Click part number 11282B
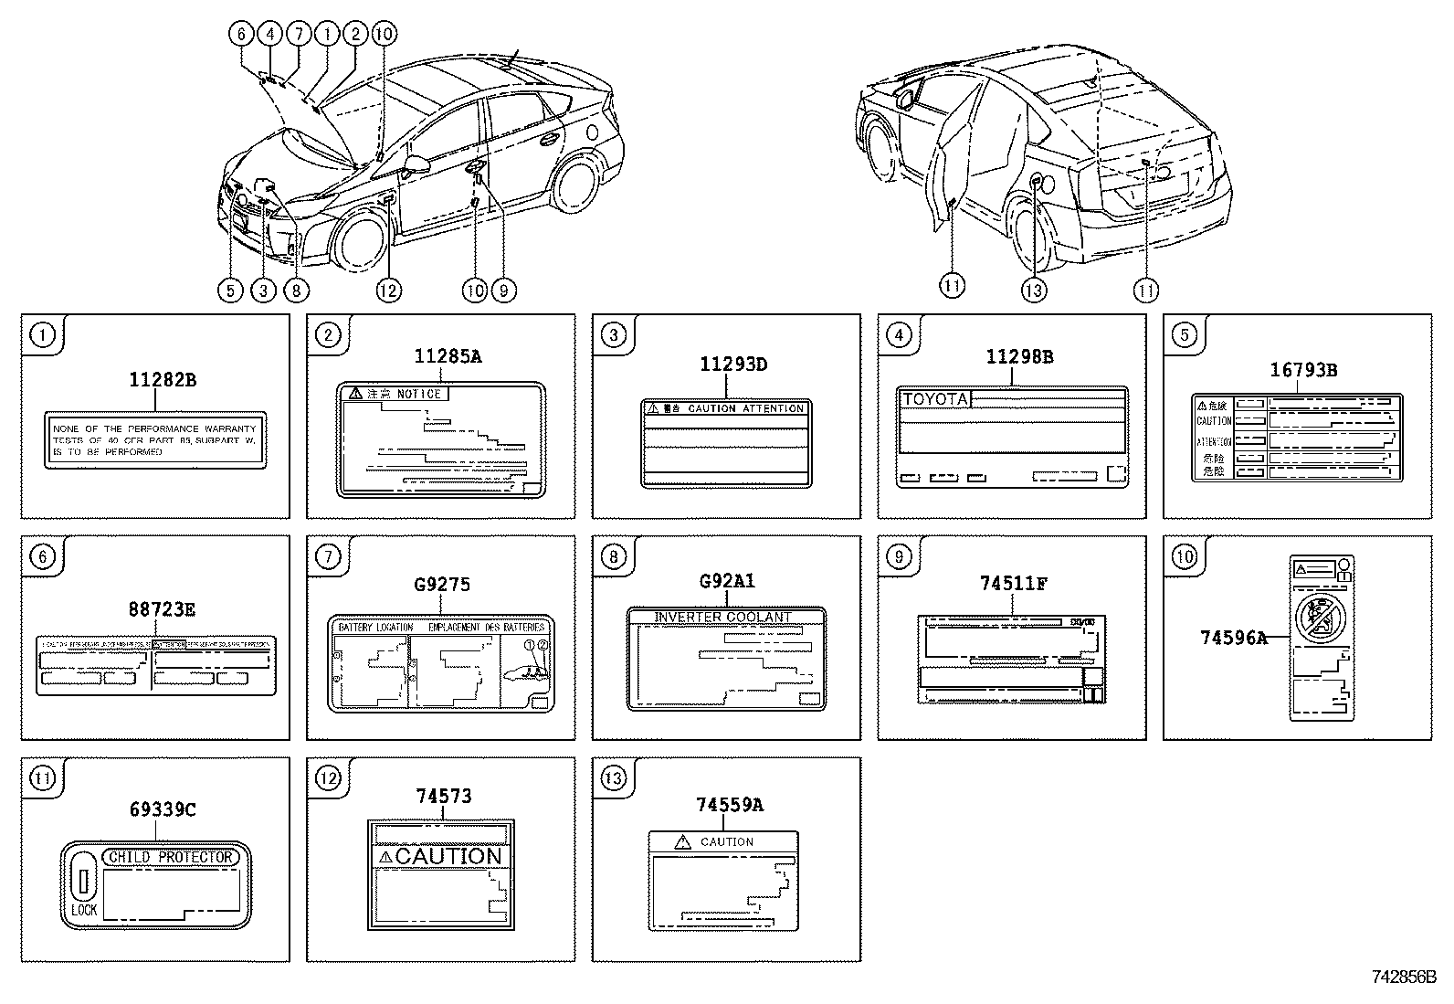162,379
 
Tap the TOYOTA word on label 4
933,399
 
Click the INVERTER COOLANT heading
722,618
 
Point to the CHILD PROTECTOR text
171,857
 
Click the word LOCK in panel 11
84,910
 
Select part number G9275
442,584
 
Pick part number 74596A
1233,639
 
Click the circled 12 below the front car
387,291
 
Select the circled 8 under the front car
296,291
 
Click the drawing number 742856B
1404,976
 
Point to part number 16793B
1303,370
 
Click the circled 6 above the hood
241,35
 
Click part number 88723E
162,609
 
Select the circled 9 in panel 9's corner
899,555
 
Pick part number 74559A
729,804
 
